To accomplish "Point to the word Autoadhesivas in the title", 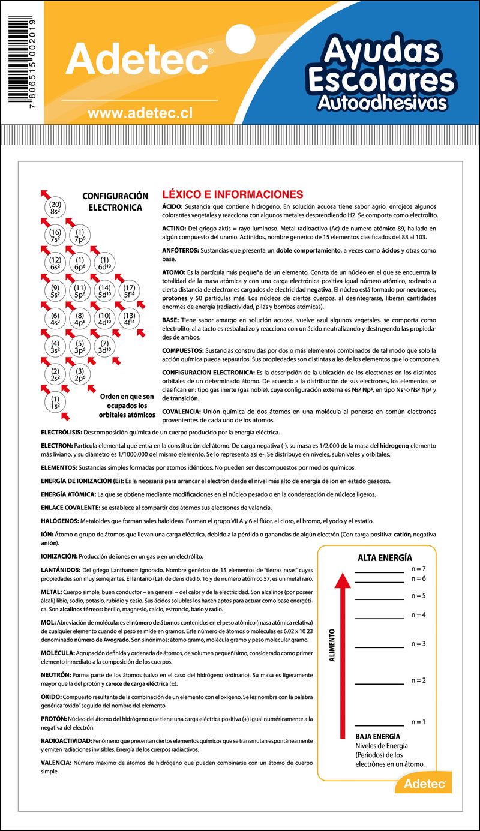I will tap(382, 102).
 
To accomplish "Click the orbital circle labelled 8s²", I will tap(55, 208).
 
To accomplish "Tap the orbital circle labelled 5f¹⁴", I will tap(129, 291).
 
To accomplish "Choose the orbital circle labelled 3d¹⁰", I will tap(104, 346).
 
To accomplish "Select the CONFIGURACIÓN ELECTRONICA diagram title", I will tap(115, 202).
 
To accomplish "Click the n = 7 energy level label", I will tap(418, 568).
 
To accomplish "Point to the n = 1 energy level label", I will tap(418, 721).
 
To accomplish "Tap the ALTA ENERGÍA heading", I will tap(385, 557).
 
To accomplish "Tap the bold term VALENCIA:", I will tap(56, 763).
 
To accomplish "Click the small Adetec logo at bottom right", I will tap(424, 783).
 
